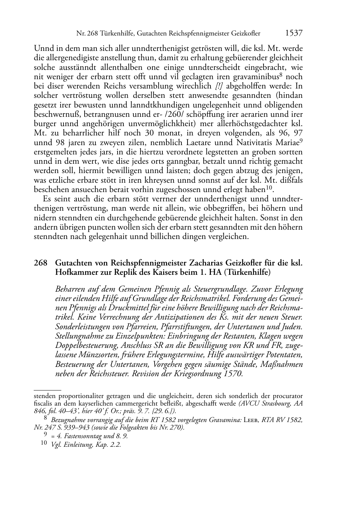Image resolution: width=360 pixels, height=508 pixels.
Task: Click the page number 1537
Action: (x=294, y=33)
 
